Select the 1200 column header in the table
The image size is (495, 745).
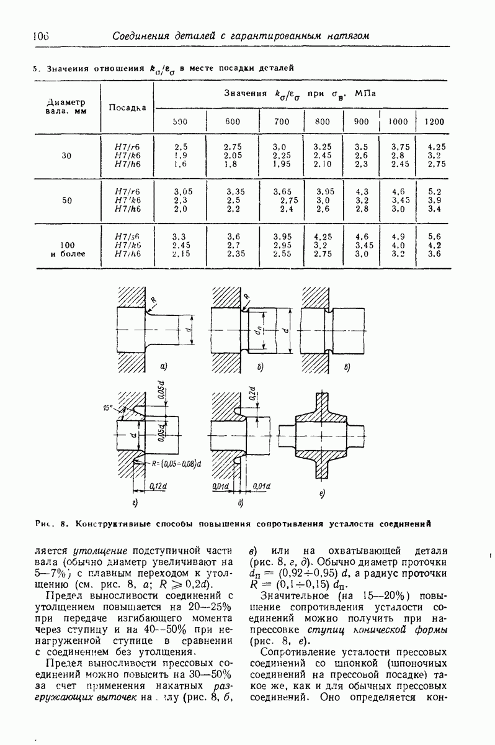coord(434,122)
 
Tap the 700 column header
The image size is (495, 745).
coord(281,122)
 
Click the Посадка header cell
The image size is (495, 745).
coord(128,107)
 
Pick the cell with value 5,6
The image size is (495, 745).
coord(434,236)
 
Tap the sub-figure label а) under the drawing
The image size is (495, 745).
coord(164,367)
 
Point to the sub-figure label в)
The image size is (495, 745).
coord(347,367)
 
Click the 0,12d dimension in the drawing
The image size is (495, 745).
coord(158,485)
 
